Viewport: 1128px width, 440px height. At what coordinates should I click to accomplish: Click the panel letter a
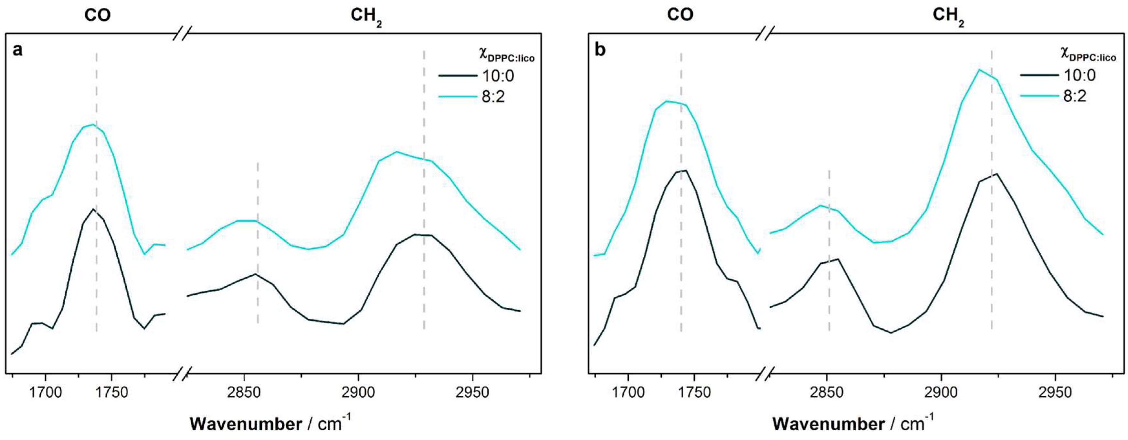click(x=17, y=50)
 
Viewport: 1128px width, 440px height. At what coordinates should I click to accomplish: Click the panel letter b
click(x=600, y=50)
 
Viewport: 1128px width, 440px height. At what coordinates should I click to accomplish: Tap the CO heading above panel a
click(x=97, y=15)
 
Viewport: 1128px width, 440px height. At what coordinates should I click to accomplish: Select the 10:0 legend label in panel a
click(x=498, y=76)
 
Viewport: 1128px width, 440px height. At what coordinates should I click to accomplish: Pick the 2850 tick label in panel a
click(x=244, y=392)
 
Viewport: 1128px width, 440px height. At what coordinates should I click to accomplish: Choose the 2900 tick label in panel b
click(x=941, y=392)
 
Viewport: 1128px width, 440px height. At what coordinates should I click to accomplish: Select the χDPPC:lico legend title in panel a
click(x=506, y=55)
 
